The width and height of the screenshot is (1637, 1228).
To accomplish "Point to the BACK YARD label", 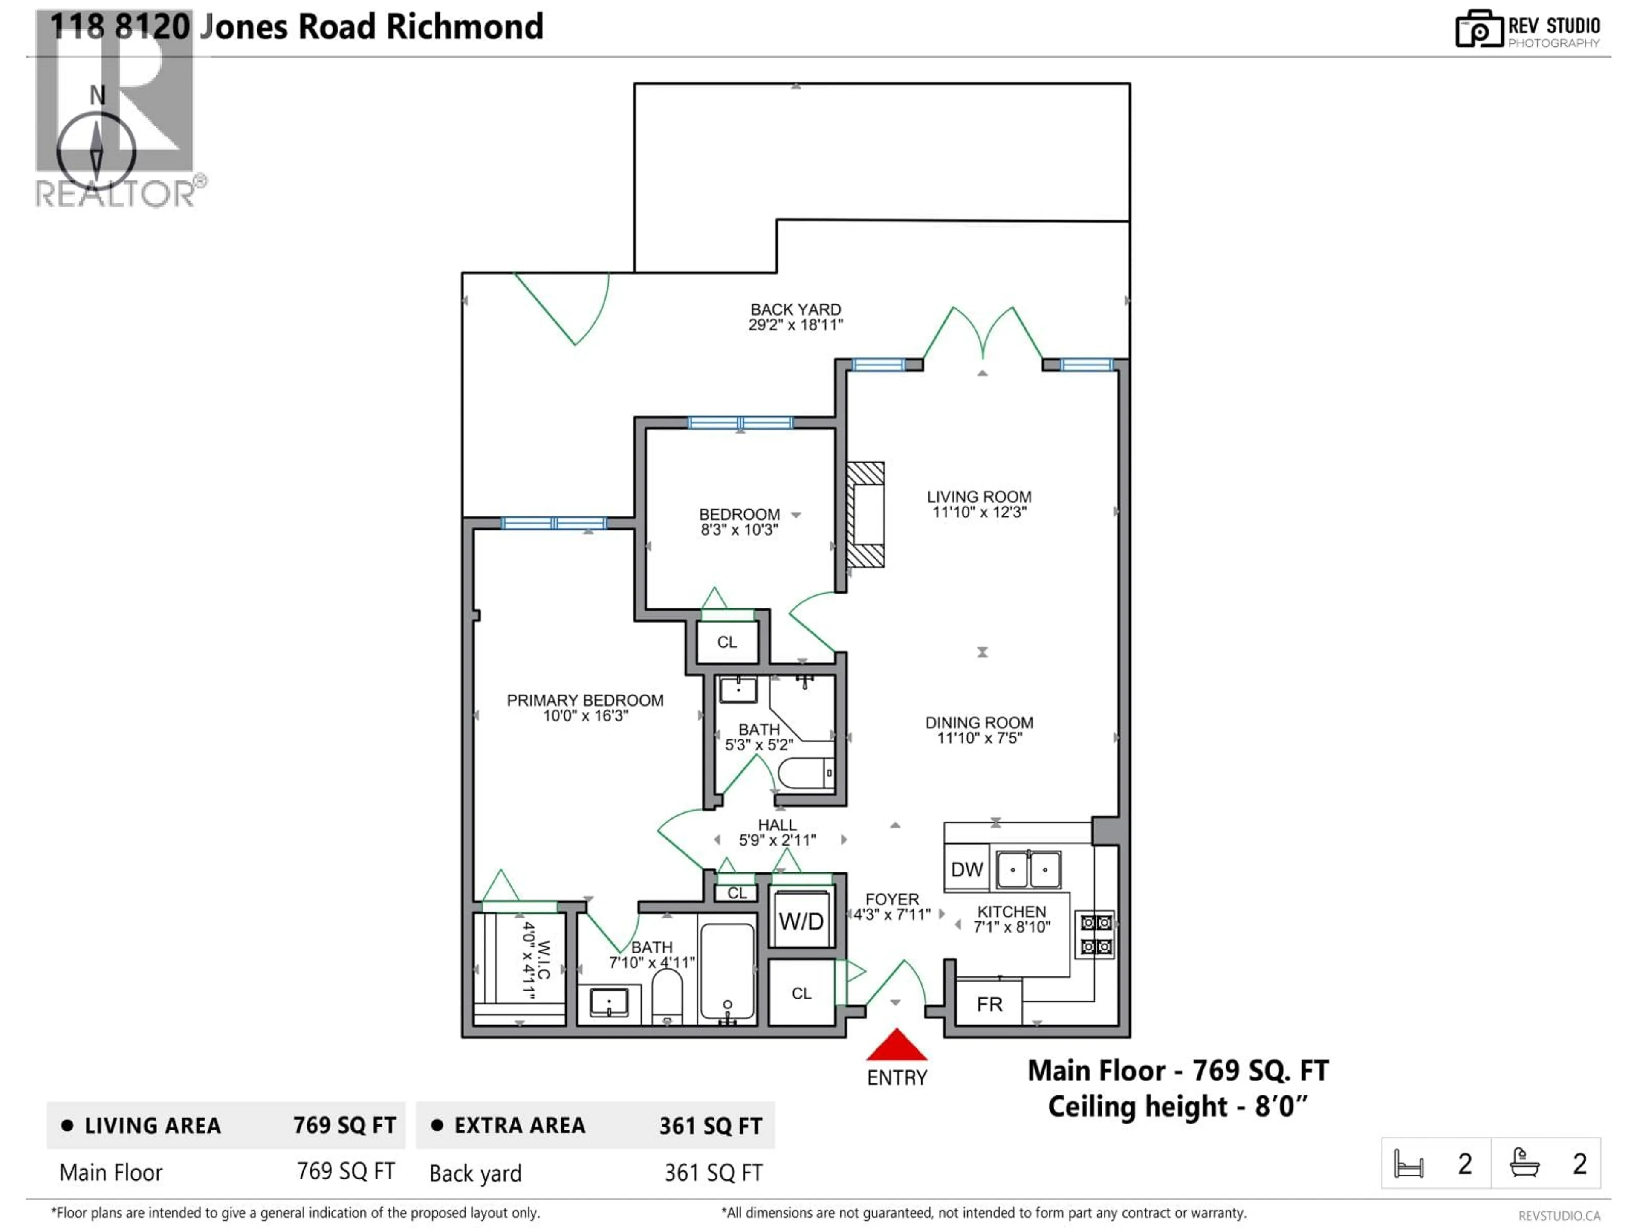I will coord(795,310).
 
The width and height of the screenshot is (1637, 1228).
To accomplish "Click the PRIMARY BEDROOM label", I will coord(584,700).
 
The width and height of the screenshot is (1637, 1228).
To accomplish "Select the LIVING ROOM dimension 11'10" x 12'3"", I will coord(979,512).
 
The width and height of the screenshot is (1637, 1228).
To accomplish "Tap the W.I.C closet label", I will coord(537,960).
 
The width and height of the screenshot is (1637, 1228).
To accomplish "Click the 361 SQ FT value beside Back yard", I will coord(713,1173).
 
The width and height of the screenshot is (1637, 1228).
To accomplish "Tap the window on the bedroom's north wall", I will coord(740,423).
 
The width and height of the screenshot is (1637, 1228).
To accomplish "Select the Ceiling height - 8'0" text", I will coord(1177,1106).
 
